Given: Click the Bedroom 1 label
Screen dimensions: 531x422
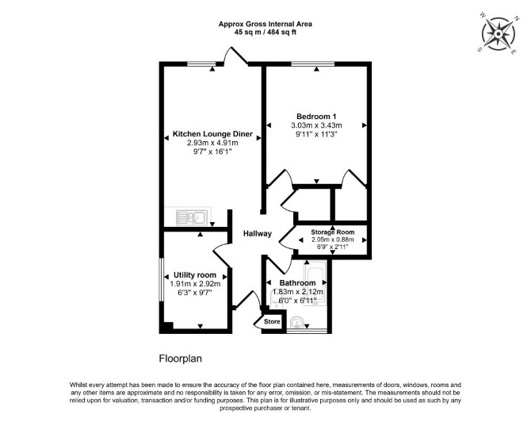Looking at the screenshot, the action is coord(316,117).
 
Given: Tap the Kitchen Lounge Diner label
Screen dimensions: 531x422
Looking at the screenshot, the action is coord(212,134).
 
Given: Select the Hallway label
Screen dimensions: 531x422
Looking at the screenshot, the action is coord(258,233).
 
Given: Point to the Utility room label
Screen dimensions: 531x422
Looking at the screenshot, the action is coord(195,275).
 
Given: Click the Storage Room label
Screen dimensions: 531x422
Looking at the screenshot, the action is coord(333,232).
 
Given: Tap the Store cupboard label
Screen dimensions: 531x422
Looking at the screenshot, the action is coord(272,322).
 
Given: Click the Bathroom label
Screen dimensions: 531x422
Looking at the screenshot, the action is coord(297,282).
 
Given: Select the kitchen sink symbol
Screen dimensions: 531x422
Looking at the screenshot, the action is coord(191,217).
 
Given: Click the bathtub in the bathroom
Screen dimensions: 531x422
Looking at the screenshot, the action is coord(315,283).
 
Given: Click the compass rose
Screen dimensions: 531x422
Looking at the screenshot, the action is coord(499,34).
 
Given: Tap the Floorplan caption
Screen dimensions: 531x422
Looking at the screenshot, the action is coord(181,359).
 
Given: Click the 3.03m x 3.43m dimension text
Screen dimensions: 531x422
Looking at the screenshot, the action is coord(316,125).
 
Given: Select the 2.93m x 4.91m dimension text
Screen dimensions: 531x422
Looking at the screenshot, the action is coord(212,143).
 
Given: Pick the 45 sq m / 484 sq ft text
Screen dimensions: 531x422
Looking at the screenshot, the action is coord(265,33).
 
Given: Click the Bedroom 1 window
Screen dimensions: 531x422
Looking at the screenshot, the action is coord(312,63).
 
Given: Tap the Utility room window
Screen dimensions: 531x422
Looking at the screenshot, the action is coord(162,280).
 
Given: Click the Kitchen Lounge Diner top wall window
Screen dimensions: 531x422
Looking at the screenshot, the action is coord(202,63).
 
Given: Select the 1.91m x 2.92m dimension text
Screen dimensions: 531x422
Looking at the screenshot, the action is coord(195,284).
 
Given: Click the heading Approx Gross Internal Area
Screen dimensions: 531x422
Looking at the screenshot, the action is coord(265,24).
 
